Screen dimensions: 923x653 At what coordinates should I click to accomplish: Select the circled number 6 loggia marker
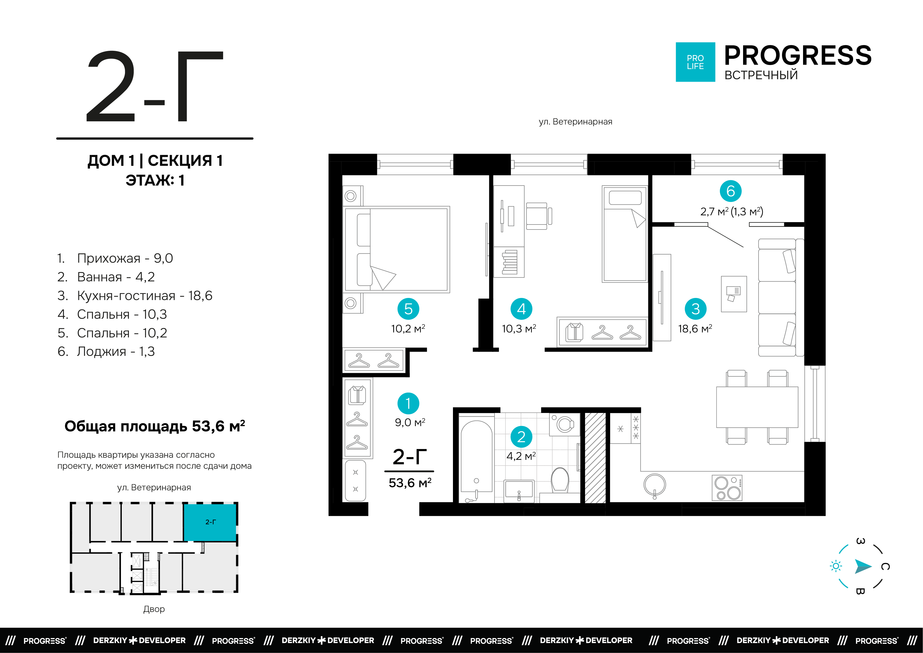(x=730, y=191)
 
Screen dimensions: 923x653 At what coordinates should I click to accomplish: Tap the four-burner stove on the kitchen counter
(x=727, y=488)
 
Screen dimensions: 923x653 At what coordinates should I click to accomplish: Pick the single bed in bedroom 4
(x=625, y=233)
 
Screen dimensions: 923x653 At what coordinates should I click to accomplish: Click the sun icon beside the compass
(x=836, y=566)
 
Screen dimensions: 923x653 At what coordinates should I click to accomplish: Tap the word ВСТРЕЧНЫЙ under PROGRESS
(x=761, y=75)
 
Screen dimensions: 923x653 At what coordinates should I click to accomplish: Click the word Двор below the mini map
(x=154, y=609)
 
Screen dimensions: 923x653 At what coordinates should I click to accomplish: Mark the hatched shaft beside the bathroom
(x=595, y=458)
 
